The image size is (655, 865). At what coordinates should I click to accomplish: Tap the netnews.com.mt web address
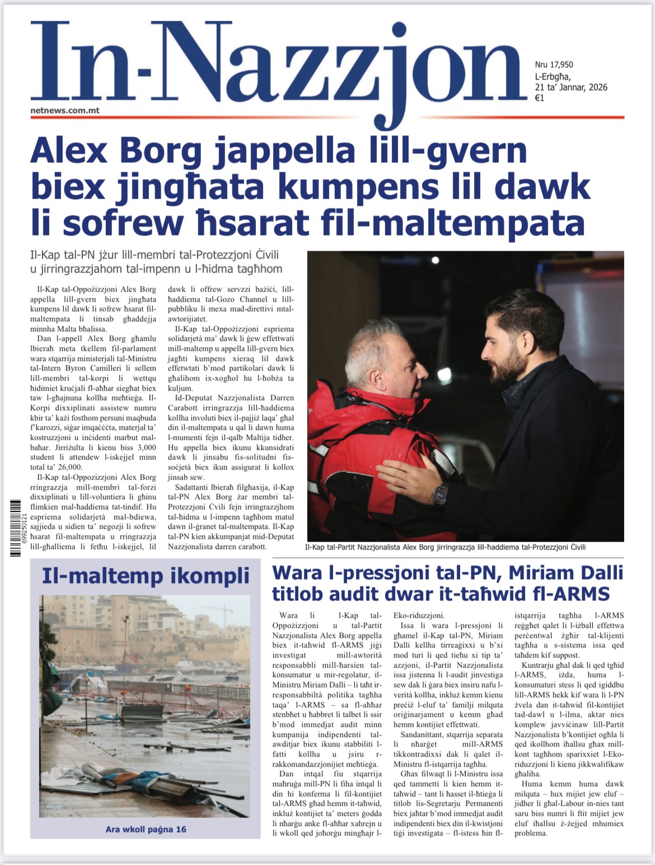tap(65, 110)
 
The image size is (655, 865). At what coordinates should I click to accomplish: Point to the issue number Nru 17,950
tap(554, 65)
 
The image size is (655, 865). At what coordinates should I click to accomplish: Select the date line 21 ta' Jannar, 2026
tap(571, 87)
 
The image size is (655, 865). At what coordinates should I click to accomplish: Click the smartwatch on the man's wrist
tap(439, 494)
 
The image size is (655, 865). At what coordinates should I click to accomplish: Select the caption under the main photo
tap(446, 547)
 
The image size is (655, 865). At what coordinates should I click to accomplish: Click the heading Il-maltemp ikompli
tap(146, 575)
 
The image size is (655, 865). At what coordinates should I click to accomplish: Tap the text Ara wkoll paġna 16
tap(146, 829)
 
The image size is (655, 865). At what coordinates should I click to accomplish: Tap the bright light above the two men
tap(435, 260)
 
